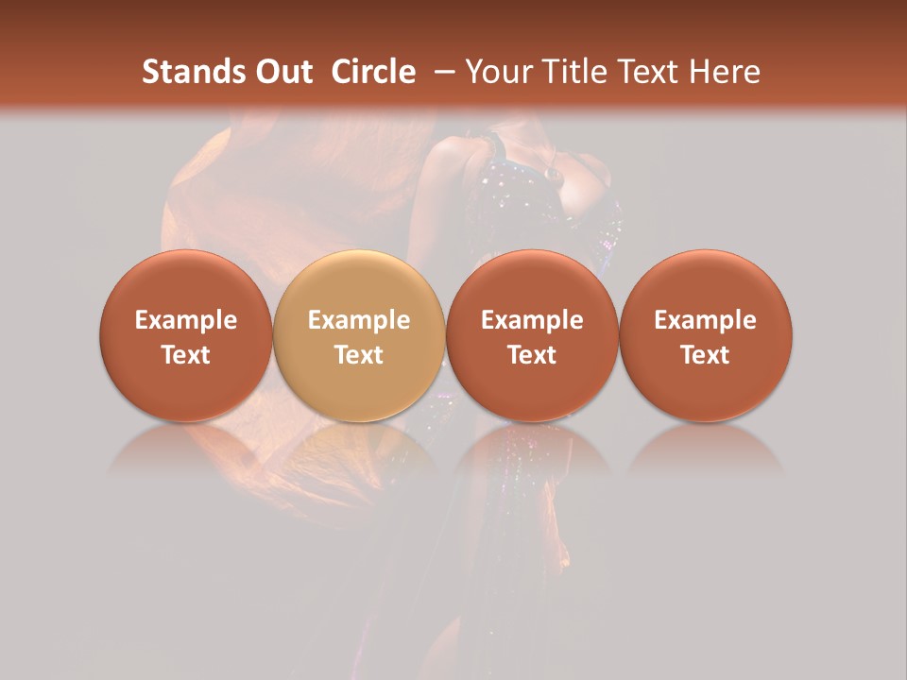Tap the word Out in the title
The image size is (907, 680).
point(282,73)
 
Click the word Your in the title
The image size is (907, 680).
point(496,73)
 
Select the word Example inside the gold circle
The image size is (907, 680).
point(359,320)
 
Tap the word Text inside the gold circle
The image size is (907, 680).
point(359,355)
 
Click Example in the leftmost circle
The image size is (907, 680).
point(185,320)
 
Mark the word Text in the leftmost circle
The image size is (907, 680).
point(185,355)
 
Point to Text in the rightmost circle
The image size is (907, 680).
point(706,355)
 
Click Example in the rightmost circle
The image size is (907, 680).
point(706,320)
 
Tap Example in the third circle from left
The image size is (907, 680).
point(532,320)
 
